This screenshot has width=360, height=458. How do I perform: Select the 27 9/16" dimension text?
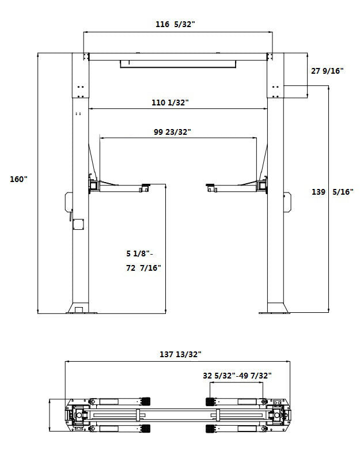click(327, 71)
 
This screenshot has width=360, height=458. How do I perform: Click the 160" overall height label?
click(18, 179)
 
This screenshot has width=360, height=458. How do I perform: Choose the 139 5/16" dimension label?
click(332, 192)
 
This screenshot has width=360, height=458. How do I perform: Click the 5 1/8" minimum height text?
click(140, 253)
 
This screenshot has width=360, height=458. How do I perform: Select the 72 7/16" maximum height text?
click(143, 267)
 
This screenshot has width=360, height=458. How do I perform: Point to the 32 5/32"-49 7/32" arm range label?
click(237, 375)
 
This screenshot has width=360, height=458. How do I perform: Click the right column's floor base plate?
click(275, 309)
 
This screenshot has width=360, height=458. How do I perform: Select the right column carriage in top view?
click(279, 415)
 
